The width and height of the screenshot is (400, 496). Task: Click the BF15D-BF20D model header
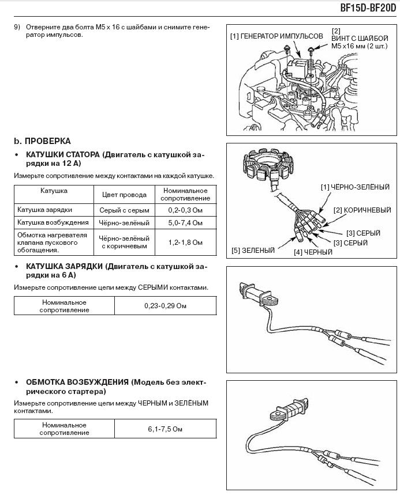pyautogui.click(x=367, y=9)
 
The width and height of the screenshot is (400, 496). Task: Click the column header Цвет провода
pyautogui.click(x=124, y=195)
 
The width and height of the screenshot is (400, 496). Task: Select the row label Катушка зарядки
pyautogui.click(x=44, y=210)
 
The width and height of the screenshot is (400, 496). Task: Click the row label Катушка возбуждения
pyautogui.click(x=53, y=223)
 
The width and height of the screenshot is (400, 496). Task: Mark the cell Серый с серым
pyautogui.click(x=124, y=210)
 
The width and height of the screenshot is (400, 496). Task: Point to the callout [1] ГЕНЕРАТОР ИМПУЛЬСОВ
pyautogui.click(x=276, y=36)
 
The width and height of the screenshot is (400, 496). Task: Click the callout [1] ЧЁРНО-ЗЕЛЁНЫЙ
pyautogui.click(x=355, y=187)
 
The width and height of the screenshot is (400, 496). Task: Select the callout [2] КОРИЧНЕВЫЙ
pyautogui.click(x=362, y=211)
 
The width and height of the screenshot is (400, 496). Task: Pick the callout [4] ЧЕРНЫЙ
pyautogui.click(x=313, y=252)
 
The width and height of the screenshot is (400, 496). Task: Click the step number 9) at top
pyautogui.click(x=17, y=27)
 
